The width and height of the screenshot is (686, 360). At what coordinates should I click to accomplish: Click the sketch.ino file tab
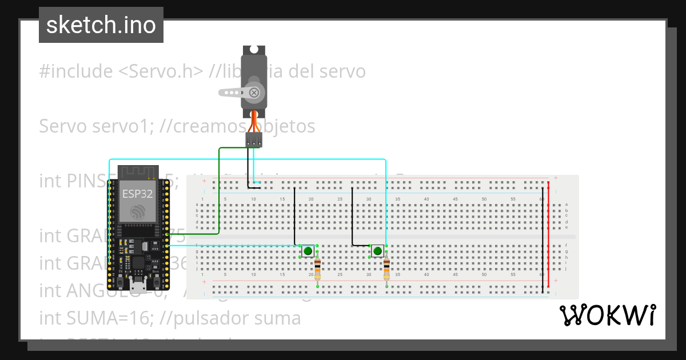(x=101, y=25)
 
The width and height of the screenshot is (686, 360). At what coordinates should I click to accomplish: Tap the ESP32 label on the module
(x=137, y=193)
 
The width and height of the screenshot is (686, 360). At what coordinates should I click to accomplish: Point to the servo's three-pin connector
(x=254, y=139)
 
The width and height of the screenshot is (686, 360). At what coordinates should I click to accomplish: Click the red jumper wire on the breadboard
(x=549, y=234)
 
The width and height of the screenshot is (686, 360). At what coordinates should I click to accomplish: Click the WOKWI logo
(x=608, y=315)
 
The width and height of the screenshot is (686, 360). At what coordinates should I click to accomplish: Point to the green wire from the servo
(x=219, y=189)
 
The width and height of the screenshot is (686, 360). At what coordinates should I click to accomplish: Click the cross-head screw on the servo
(x=254, y=92)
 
